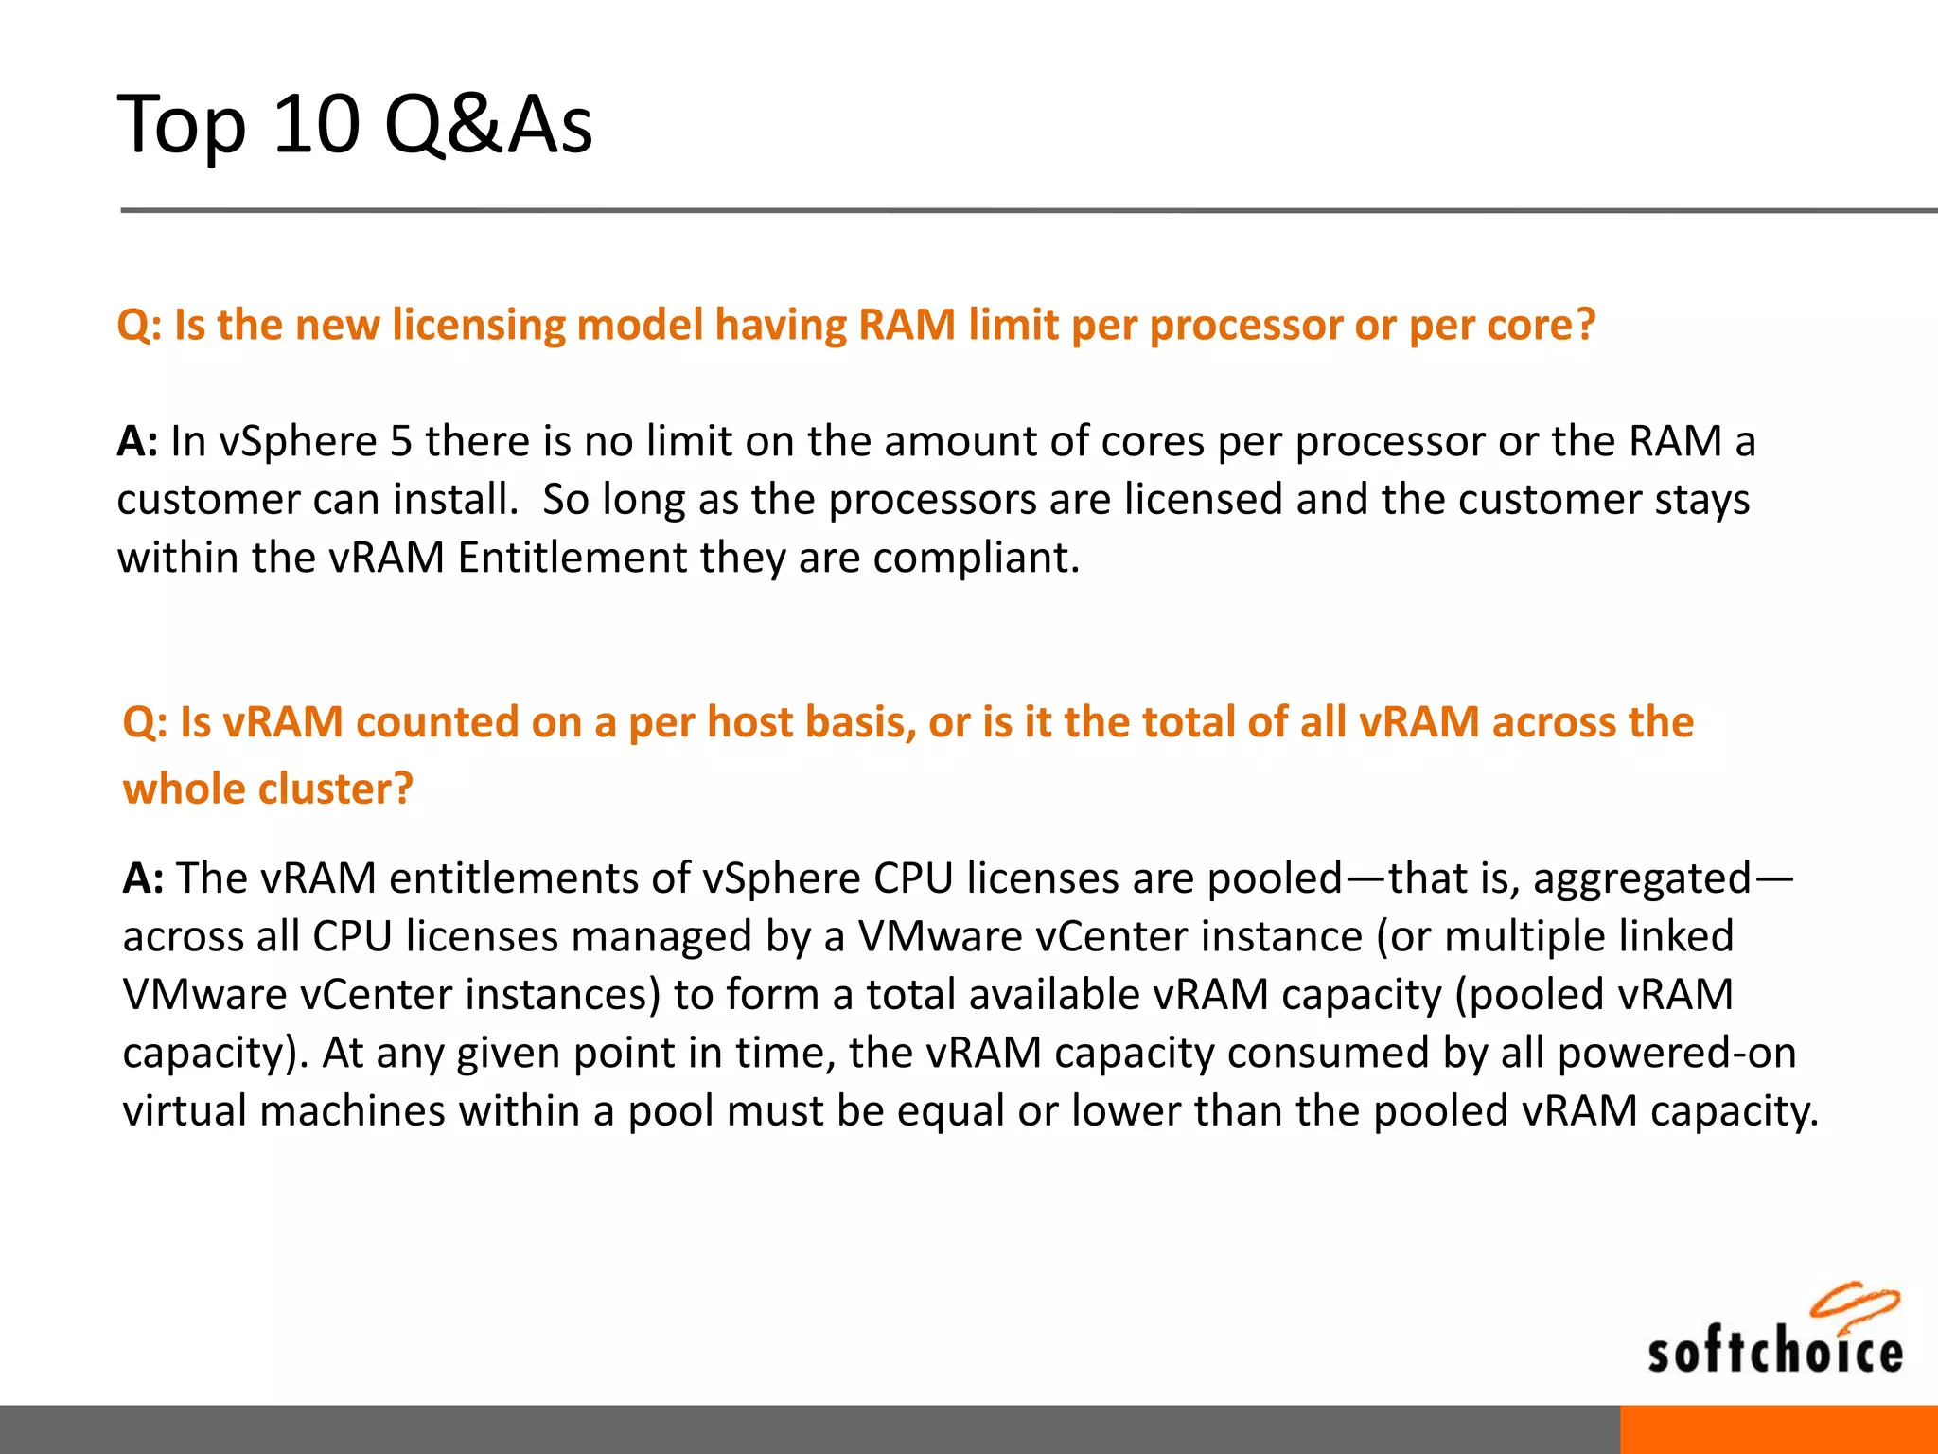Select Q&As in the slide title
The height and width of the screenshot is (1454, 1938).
click(x=488, y=125)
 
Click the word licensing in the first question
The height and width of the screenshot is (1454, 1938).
click(x=479, y=326)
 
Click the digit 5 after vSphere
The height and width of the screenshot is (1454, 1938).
click(x=401, y=441)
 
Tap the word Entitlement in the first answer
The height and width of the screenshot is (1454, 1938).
click(x=573, y=558)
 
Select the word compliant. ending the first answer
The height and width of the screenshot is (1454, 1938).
click(x=976, y=558)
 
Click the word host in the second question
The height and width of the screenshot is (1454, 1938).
click(x=751, y=722)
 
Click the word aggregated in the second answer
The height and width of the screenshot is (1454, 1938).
click(x=1642, y=878)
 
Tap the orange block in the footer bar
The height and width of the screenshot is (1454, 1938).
click(x=1778, y=1429)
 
